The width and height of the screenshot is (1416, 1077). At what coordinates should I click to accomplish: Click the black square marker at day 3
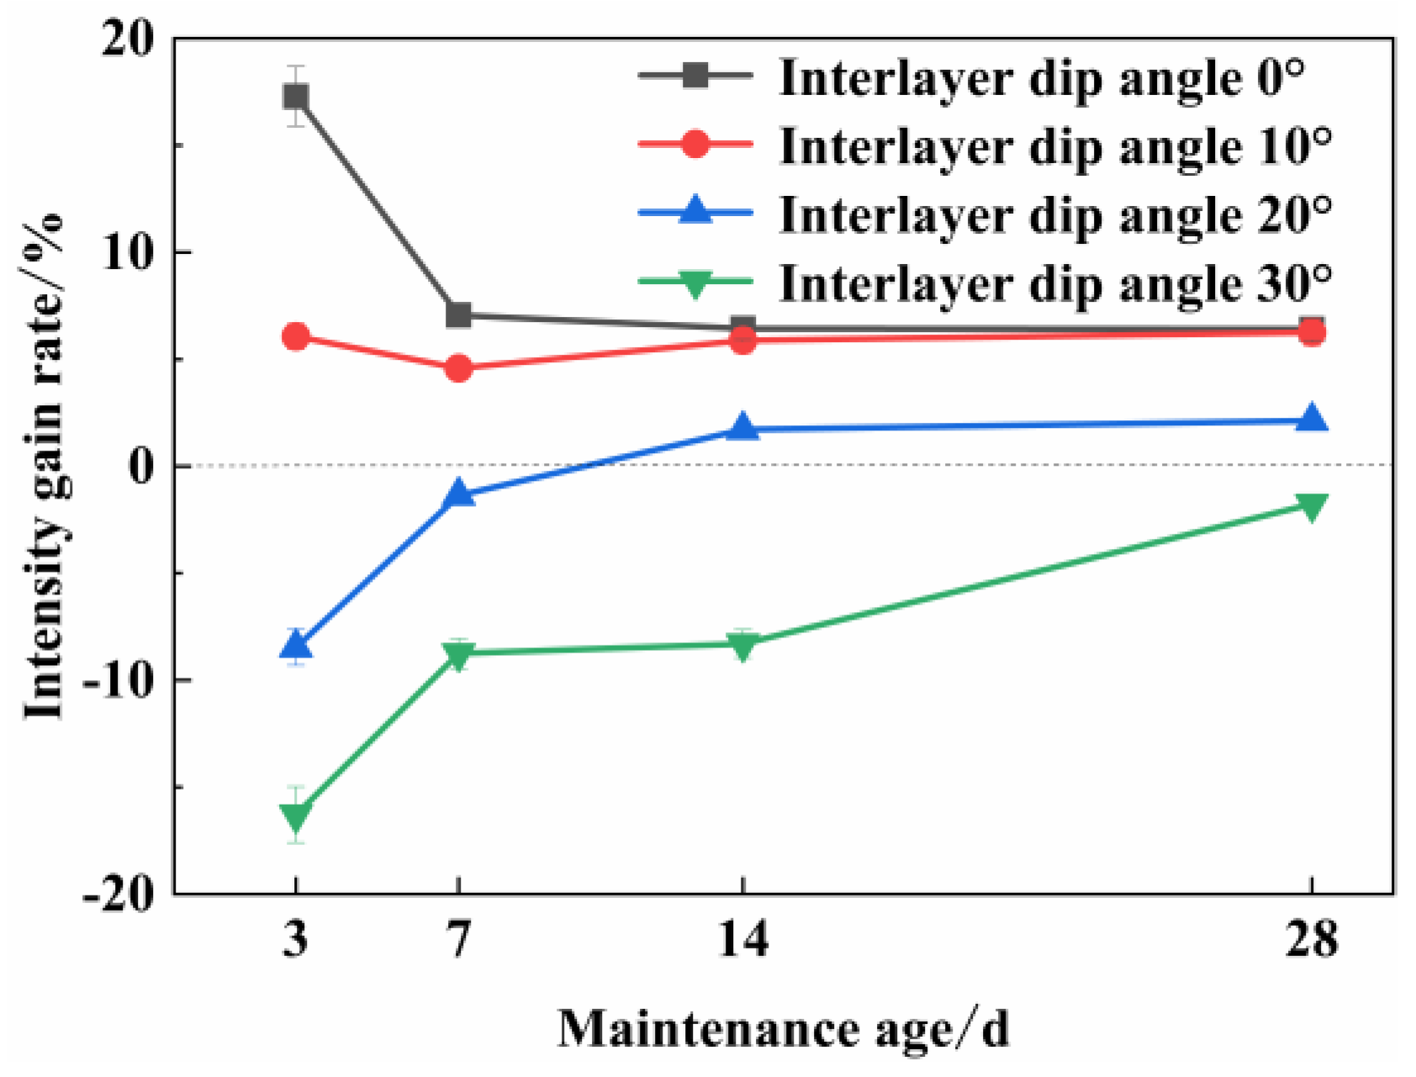tap(295, 97)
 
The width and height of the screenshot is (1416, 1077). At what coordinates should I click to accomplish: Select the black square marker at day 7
tap(458, 315)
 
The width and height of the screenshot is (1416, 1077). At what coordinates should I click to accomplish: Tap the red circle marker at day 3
tap(295, 337)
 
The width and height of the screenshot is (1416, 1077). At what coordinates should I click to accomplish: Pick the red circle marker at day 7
tap(458, 367)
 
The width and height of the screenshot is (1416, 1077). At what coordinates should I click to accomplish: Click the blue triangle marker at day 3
tap(295, 645)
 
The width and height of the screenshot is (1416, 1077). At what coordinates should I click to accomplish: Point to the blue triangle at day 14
tap(742, 427)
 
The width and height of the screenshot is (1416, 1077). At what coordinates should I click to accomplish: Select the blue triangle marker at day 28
tap(1312, 419)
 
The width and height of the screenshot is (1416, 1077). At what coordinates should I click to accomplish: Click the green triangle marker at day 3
tap(295, 815)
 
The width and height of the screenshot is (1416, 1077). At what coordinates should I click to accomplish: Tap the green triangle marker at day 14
tap(742, 646)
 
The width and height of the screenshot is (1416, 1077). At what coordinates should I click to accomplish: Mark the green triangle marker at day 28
tap(1312, 506)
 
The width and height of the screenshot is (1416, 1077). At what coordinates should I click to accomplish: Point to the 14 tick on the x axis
tap(742, 939)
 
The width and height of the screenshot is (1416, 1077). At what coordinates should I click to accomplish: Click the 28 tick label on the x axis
tap(1312, 939)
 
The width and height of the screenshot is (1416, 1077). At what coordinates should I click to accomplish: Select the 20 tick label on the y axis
tap(129, 40)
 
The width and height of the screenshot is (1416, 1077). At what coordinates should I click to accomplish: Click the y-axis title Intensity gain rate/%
tap(44, 467)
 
